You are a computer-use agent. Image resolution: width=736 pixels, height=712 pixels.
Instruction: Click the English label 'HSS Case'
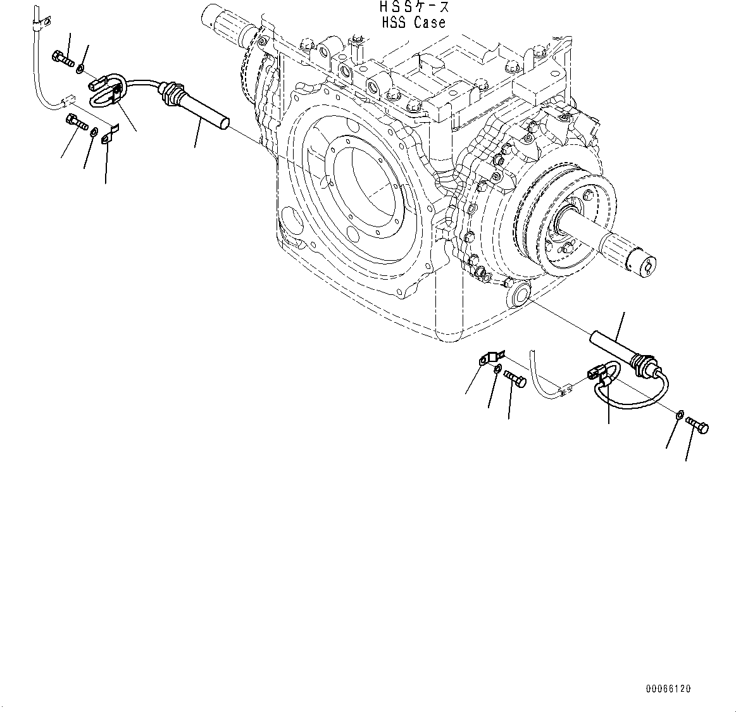pos(413,23)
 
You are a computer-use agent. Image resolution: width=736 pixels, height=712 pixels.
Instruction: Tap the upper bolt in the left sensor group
pos(63,59)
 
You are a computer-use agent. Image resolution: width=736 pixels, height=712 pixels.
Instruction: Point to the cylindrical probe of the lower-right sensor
pos(609,347)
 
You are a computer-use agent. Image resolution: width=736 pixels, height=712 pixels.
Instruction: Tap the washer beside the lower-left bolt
pos(94,132)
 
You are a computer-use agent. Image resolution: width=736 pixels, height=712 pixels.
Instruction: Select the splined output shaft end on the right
pos(633,253)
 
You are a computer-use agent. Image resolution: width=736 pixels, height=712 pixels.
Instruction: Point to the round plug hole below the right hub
pos(521,295)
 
